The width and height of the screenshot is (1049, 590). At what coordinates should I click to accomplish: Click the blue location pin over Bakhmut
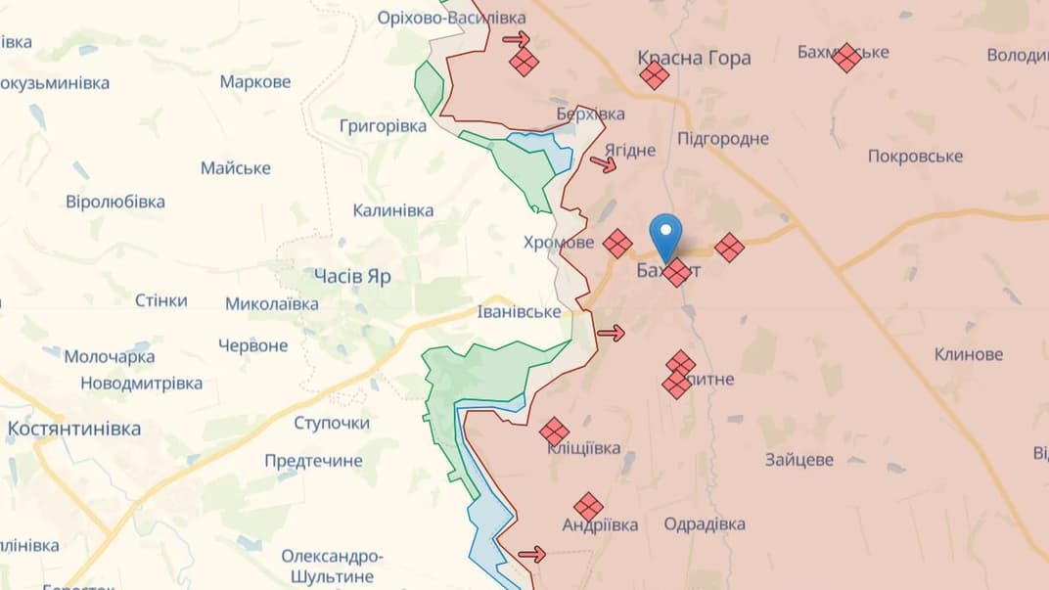[x=666, y=234]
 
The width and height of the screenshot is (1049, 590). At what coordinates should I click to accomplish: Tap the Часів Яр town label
[x=352, y=276]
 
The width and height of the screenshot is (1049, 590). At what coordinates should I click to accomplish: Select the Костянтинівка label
[x=74, y=429]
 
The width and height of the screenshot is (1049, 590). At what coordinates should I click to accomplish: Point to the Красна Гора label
[x=694, y=58]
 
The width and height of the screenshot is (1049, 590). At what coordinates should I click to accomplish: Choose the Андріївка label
[x=600, y=525]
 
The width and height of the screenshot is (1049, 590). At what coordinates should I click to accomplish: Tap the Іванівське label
[x=519, y=312]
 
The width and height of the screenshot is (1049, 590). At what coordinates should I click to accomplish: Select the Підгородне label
[x=722, y=138]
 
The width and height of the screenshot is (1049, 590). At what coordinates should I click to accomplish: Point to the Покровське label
[x=915, y=157]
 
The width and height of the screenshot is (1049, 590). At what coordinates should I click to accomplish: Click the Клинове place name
[x=968, y=354]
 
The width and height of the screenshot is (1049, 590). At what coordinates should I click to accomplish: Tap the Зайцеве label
[x=799, y=459]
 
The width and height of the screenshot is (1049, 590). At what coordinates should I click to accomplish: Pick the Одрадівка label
[x=705, y=524]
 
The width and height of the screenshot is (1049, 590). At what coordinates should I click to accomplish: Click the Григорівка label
[x=383, y=126]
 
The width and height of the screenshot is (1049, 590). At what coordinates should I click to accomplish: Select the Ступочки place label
[x=332, y=423]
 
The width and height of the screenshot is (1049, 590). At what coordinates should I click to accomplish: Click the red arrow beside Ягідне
[x=604, y=163]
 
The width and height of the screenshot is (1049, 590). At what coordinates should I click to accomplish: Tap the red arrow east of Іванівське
[x=611, y=334]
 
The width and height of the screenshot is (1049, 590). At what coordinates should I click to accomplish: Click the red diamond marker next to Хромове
[x=617, y=243]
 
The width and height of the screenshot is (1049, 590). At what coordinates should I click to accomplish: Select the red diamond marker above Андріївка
[x=588, y=507]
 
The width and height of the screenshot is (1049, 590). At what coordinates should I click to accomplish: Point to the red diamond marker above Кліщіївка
[x=554, y=431]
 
